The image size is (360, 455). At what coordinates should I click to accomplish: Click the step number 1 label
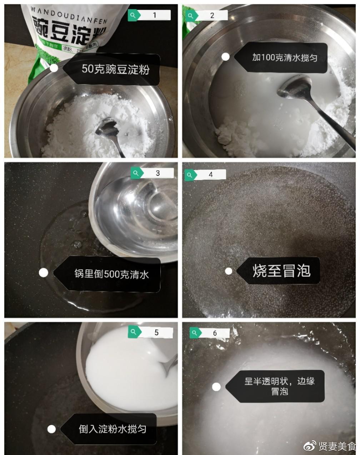155,15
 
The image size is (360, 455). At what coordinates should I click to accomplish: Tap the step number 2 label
212,15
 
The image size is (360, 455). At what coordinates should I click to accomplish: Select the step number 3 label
157,173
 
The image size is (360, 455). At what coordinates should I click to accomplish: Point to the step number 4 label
211,174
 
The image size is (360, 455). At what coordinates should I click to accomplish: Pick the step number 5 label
156,332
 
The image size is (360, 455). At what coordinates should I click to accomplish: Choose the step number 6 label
215,333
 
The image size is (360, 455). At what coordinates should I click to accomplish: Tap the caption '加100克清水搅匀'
285,57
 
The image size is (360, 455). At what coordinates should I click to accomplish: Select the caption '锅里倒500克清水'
111,274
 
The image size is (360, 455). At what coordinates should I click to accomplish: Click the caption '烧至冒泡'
281,271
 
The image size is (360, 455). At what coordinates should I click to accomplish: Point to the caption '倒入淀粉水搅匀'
112,429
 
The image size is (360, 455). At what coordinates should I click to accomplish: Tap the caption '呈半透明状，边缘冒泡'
280,386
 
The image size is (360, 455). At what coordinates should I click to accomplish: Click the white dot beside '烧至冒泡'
228,271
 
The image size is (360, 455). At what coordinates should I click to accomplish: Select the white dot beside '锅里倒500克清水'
44,272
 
